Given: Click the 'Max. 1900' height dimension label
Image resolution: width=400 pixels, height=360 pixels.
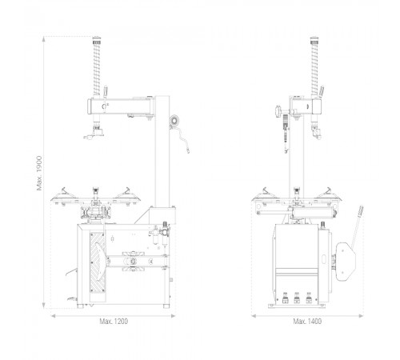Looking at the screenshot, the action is coord(39,173).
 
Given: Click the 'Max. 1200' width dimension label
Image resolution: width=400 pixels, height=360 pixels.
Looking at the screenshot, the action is coord(114,322).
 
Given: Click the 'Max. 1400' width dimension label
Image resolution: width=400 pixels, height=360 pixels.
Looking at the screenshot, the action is coord(307,322).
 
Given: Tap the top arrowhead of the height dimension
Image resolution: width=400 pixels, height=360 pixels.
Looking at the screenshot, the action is coord(44,38).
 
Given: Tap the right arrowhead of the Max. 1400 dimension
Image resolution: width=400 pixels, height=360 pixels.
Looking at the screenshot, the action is coord(361,316).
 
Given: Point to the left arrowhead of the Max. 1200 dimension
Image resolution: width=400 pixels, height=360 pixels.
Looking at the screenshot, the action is coord(53,316).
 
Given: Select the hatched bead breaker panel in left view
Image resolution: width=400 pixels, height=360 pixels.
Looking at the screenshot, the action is coord(98,262).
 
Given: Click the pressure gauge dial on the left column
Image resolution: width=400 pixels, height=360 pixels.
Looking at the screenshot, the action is coord(174,121).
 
